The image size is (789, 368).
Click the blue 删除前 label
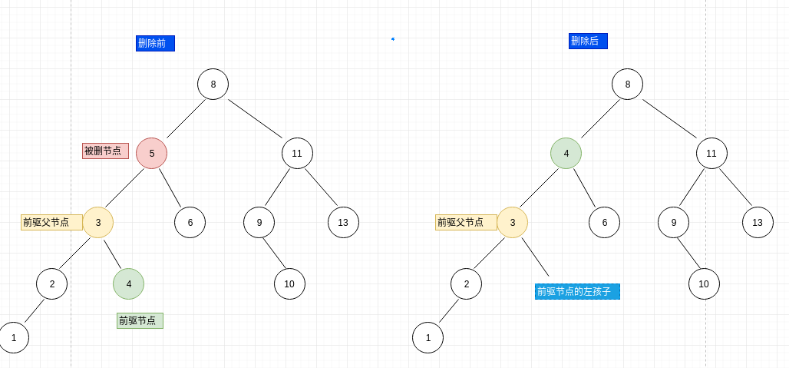pos(155,44)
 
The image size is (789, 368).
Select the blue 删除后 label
pos(588,41)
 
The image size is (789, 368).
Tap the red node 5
pos(151,153)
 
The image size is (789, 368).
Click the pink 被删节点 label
pos(105,151)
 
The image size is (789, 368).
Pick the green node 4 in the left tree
pos(128,283)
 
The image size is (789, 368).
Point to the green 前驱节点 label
pos(140,320)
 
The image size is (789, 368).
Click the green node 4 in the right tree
pos(566,153)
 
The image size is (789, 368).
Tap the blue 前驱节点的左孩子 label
pos(577,291)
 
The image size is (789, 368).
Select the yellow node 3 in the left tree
pos(97,222)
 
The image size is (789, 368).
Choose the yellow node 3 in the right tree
pos(512,222)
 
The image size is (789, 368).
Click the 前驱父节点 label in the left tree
pos(51,222)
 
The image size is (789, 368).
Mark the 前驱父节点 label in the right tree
pos(466,222)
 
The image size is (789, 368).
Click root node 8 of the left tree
pos(213,84)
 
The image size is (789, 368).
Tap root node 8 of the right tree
pos(627,84)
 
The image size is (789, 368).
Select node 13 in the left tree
pos(343,222)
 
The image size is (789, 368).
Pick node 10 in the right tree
pos(704,283)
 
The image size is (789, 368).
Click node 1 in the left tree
pos(13,337)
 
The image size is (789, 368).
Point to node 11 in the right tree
pos(711,153)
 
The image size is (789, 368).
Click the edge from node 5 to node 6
pos(170,187)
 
